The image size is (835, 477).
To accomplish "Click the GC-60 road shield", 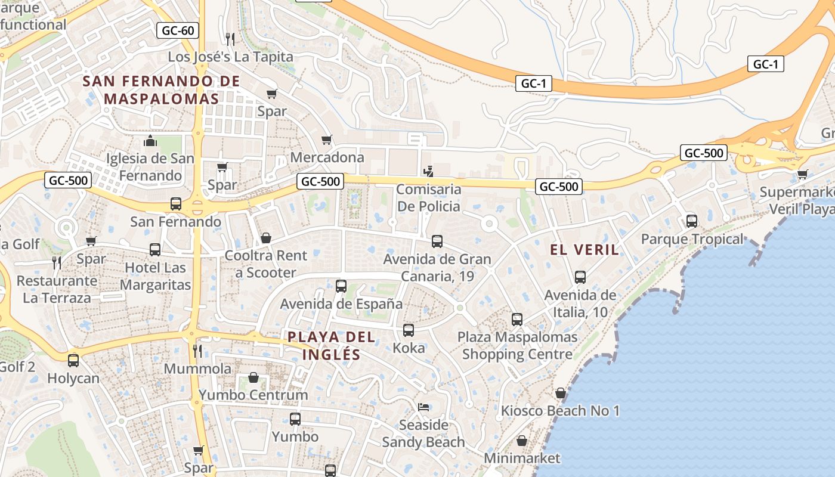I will pyautogui.click(x=178, y=30).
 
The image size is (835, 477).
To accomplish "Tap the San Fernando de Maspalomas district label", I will pyautogui.click(x=162, y=90).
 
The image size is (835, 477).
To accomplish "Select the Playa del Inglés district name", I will pyautogui.click(x=332, y=346).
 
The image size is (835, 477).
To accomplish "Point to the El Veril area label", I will pyautogui.click(x=584, y=250).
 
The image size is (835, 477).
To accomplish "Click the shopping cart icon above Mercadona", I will pyautogui.click(x=327, y=140).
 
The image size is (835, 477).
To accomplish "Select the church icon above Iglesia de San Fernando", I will pyautogui.click(x=150, y=141).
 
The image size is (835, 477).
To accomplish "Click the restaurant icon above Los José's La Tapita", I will pyautogui.click(x=230, y=39).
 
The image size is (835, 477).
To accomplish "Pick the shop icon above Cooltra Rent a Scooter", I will pyautogui.click(x=266, y=238).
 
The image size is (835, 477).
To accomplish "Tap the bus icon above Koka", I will pyautogui.click(x=409, y=330).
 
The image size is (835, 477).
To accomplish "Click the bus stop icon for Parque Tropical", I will pyautogui.click(x=692, y=221).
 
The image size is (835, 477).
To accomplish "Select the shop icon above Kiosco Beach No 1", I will pyautogui.click(x=560, y=393).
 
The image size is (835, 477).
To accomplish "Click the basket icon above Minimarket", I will pyautogui.click(x=522, y=441).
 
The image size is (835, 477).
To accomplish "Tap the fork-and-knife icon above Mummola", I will pyautogui.click(x=197, y=351).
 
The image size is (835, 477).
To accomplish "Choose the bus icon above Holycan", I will pyautogui.click(x=73, y=361).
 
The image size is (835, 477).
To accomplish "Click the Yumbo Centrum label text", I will pyautogui.click(x=253, y=395).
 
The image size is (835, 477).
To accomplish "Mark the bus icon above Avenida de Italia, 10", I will pyautogui.click(x=580, y=277).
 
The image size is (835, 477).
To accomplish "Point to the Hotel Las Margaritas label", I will pyautogui.click(x=155, y=277).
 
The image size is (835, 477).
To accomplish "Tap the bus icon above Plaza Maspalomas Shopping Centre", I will pyautogui.click(x=517, y=320).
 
